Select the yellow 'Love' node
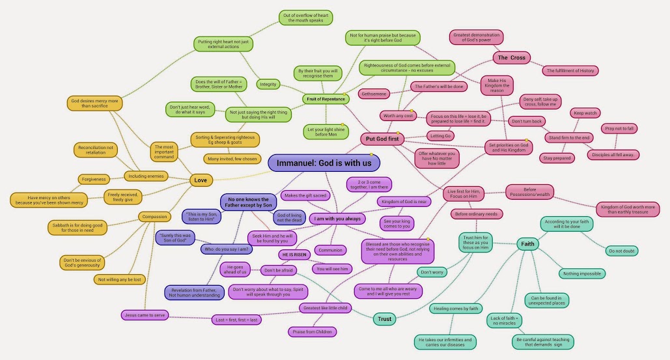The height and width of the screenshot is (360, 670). click(200, 179)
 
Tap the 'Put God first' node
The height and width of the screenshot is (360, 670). click(382, 139)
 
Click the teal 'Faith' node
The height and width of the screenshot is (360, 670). click(527, 244)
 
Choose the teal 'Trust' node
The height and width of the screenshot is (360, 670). click(384, 319)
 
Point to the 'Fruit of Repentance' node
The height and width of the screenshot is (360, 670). click(326, 99)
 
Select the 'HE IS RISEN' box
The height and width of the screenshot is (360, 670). click(294, 255)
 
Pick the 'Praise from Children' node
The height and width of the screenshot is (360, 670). click(312, 332)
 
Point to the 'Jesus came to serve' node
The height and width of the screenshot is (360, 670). click(144, 315)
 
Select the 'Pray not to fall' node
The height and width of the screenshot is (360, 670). click(619, 128)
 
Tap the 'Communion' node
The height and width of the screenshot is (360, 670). click(330, 250)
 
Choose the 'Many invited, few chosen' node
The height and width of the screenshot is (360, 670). click(232, 158)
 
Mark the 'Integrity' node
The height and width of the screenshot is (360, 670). click(268, 84)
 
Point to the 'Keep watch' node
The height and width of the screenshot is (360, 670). click(585, 113)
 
